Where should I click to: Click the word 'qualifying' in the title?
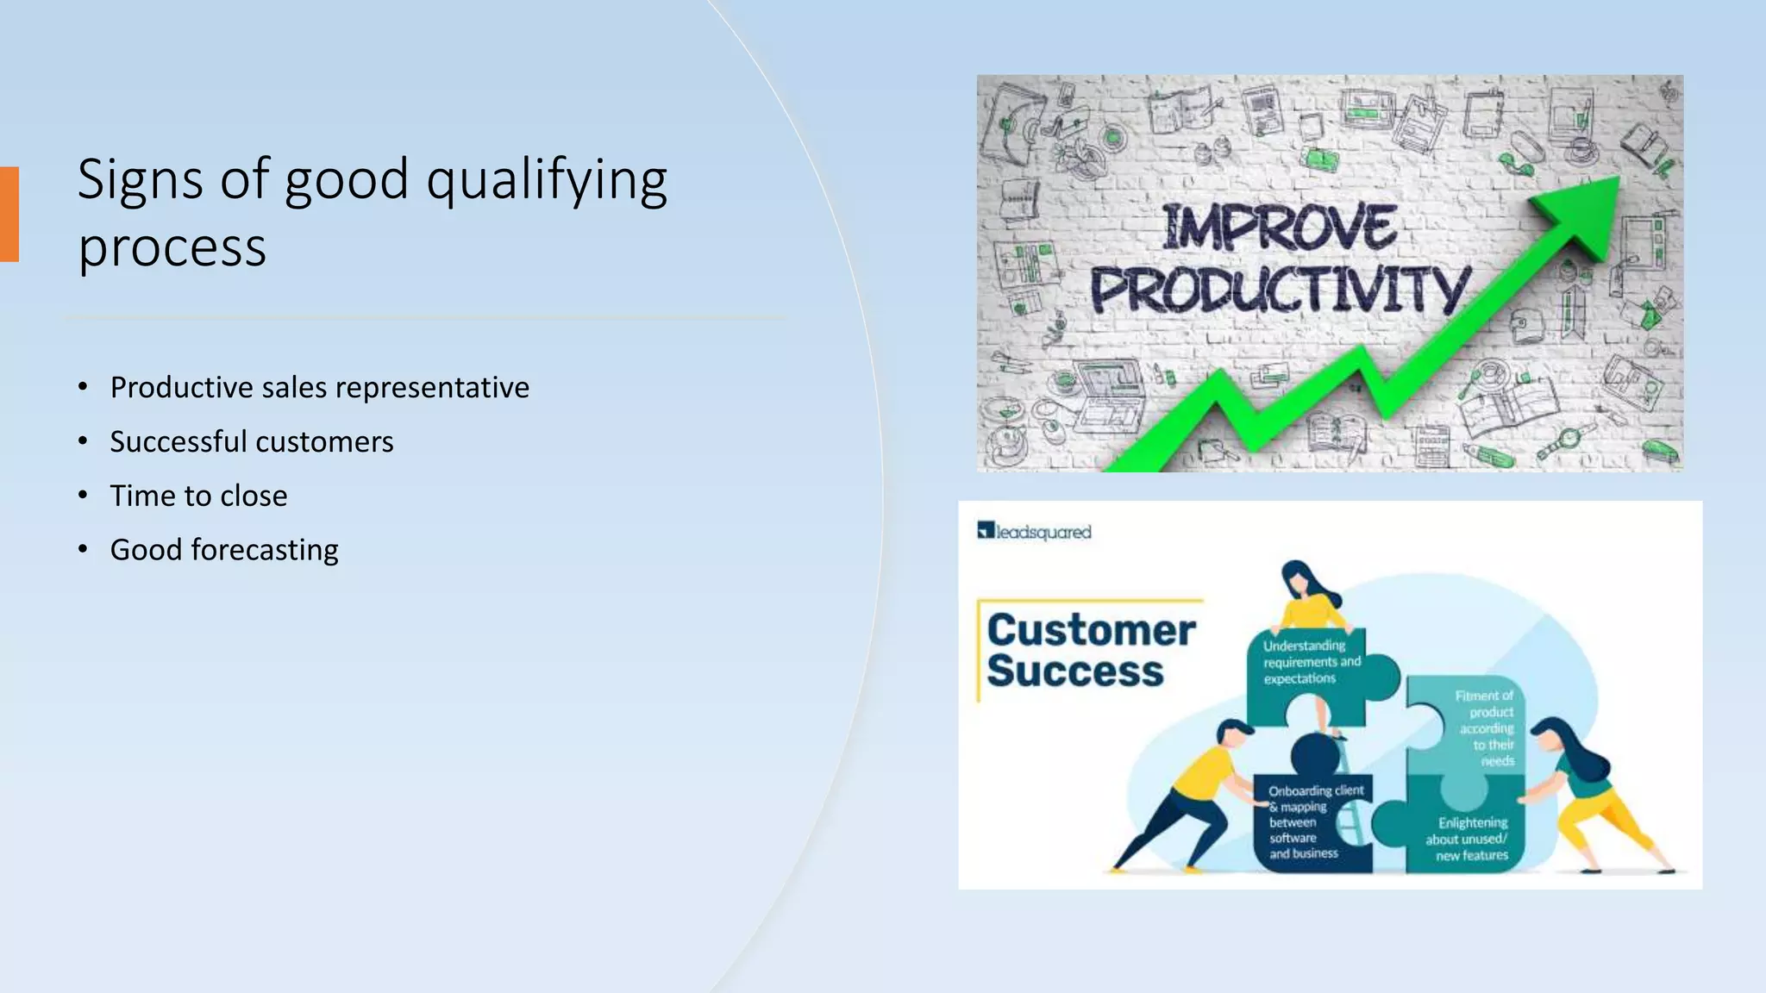(x=547, y=181)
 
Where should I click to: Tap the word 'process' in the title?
(x=172, y=248)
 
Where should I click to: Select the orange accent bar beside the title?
(x=9, y=214)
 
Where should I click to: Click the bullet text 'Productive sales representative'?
(x=319, y=388)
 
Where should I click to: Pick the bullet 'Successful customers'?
(x=251, y=442)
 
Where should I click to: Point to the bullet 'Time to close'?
(x=198, y=496)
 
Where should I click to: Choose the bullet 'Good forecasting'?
(x=224, y=550)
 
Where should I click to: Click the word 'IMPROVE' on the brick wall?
(x=1279, y=228)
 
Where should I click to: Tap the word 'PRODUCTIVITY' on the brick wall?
(x=1279, y=290)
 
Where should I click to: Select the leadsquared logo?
(x=1035, y=532)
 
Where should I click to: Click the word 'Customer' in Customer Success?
(x=1091, y=630)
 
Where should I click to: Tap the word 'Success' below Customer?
(x=1074, y=671)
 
